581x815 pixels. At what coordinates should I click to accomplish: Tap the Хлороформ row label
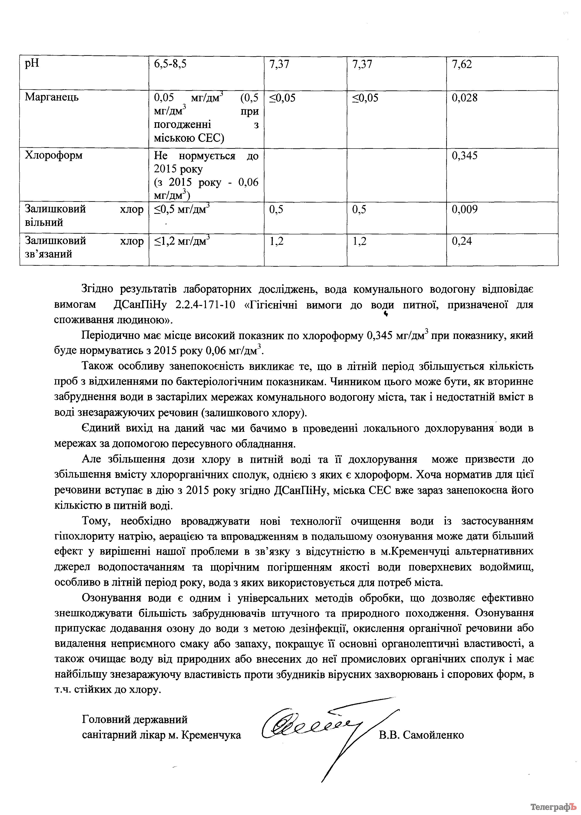(54, 155)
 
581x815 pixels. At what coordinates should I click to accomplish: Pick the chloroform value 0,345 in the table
(464, 155)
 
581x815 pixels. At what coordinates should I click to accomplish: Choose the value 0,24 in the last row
(462, 241)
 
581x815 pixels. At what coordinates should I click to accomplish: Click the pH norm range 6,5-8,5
(170, 65)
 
